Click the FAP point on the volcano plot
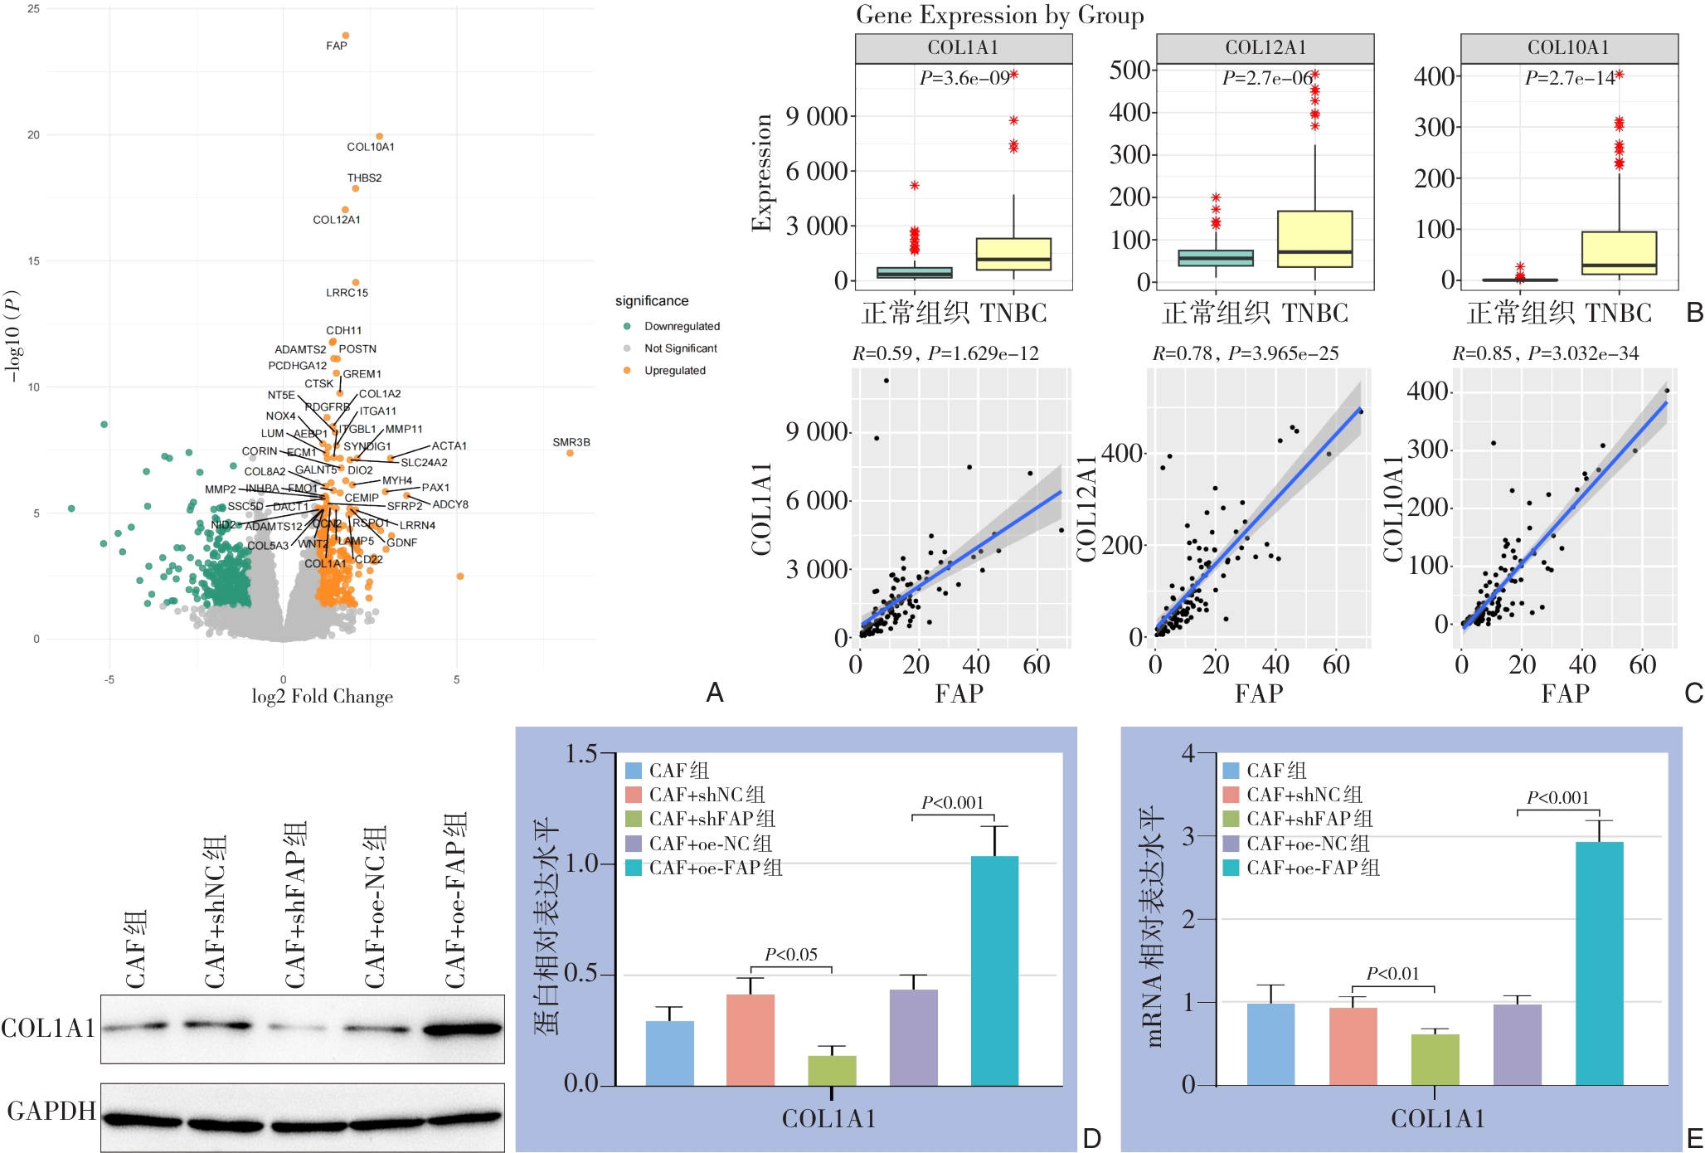pos(346,36)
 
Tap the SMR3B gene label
pos(571,442)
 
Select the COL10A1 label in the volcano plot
pos(371,147)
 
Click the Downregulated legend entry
pos(682,326)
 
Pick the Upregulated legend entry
pos(674,371)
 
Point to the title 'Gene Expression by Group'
pos(999,15)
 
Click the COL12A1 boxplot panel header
pos(1265,48)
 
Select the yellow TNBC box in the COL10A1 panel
pos(1619,253)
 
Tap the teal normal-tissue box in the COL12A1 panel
pos(1216,258)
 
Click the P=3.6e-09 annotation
pos(964,78)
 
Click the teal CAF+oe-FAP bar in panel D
pos(994,971)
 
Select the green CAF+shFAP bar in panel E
pos(1435,1059)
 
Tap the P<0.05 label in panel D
pos(791,955)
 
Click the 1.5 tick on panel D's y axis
pos(580,753)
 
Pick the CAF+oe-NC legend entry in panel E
pos(1307,844)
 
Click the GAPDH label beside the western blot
pos(51,1111)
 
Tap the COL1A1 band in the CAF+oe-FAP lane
pos(462,1029)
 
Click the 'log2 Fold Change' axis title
pos(322,697)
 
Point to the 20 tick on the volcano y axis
pos(33,135)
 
